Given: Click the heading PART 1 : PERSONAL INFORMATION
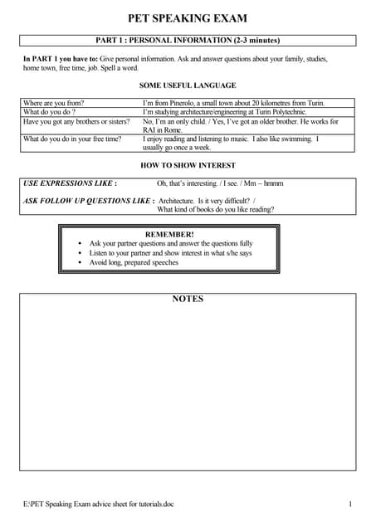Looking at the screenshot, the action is point(188,40).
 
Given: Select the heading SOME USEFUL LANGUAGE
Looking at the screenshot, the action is point(188,85).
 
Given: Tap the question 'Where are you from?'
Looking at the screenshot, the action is point(54,103).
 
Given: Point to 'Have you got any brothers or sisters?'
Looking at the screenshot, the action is point(76,121).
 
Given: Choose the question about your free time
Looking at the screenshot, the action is point(72,139).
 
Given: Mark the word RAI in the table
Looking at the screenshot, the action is point(151,130).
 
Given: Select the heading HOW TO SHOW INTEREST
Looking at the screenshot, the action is point(188,165).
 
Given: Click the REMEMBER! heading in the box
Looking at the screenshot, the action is point(169,235).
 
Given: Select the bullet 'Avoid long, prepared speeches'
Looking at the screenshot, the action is point(134,262).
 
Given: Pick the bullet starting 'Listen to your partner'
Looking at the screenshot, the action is point(170,253).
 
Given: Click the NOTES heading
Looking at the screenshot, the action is point(188,299).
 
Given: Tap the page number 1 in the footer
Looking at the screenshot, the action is point(351,504).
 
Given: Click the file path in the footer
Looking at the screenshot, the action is point(99,504).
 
